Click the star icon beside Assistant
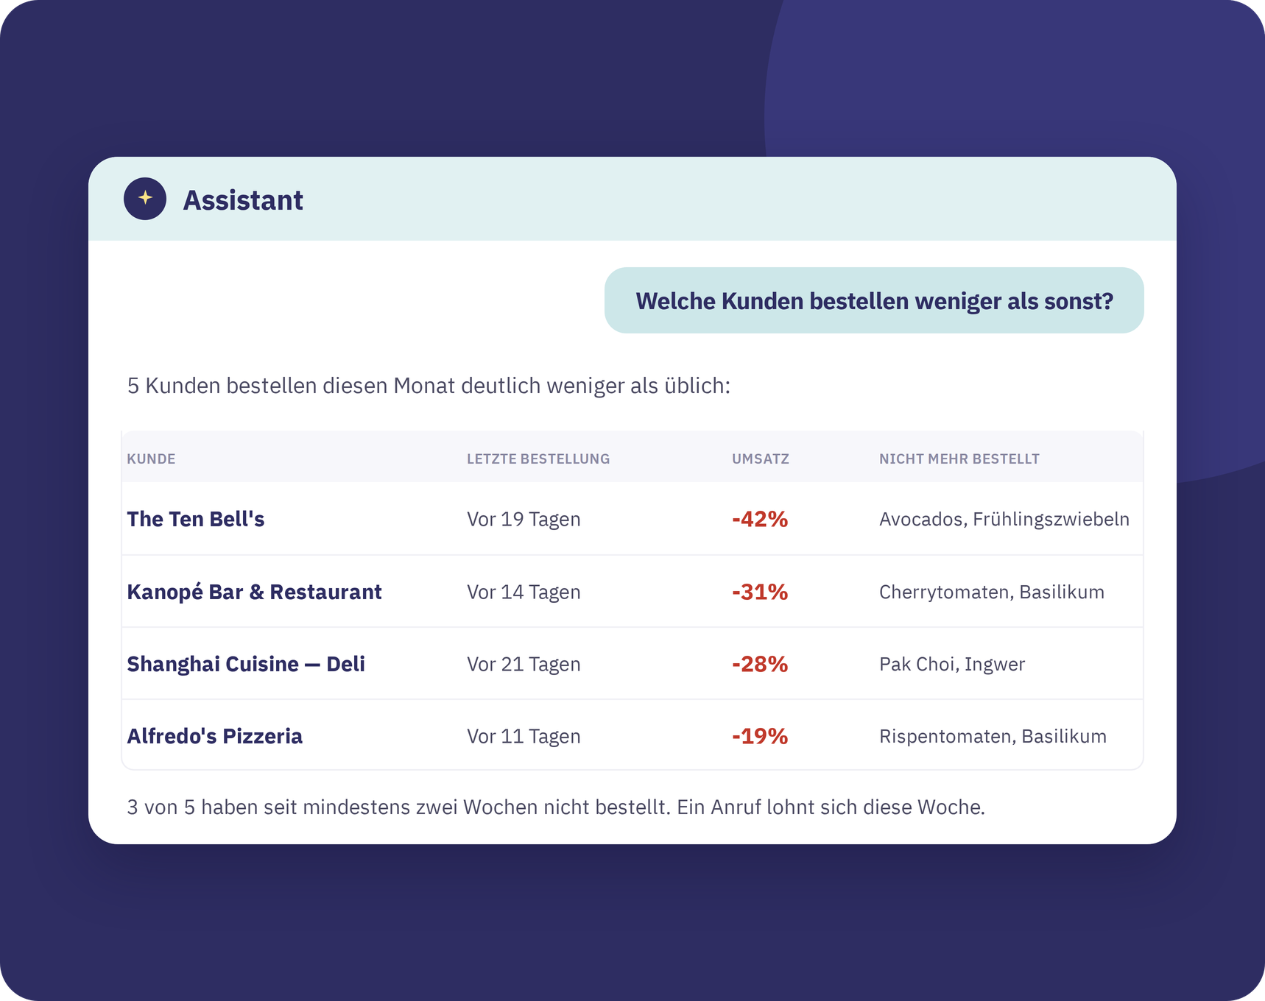[145, 199]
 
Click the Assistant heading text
[243, 200]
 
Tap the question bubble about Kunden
[874, 300]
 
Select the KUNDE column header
[151, 459]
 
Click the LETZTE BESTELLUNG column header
[538, 459]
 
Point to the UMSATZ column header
[761, 459]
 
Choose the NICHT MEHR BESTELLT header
[959, 459]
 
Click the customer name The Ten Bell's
[196, 519]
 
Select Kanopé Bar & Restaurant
[254, 592]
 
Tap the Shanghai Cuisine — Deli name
[246, 664]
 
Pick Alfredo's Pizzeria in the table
[215, 736]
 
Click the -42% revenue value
[760, 519]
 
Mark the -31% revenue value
[760, 592]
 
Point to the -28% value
[760, 664]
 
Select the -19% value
[760, 736]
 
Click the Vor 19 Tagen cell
[524, 519]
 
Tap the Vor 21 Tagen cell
[524, 664]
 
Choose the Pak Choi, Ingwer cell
[952, 664]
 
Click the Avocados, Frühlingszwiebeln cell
[1004, 519]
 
